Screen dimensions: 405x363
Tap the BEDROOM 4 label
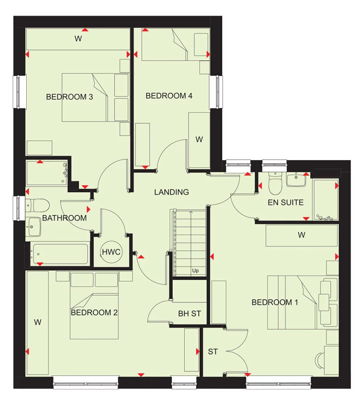tap(169, 96)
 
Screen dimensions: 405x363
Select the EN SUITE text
tap(286, 202)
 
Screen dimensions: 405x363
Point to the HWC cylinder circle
tap(111, 253)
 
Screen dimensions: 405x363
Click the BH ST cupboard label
tap(190, 313)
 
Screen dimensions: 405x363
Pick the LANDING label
tap(171, 192)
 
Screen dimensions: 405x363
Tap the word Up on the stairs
tap(196, 270)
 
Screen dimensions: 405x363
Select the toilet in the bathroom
tap(38, 206)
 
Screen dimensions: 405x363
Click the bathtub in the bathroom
tap(60, 254)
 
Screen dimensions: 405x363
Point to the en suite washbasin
tap(296, 179)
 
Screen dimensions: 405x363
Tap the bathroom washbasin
tap(34, 228)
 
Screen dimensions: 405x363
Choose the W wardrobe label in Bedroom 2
tap(38, 322)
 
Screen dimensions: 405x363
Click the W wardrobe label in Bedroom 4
tap(199, 139)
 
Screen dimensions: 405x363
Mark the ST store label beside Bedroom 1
tap(213, 352)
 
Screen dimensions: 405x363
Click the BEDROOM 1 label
tap(275, 302)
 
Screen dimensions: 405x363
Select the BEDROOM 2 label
tap(94, 312)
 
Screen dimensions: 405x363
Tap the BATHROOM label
tap(65, 218)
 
